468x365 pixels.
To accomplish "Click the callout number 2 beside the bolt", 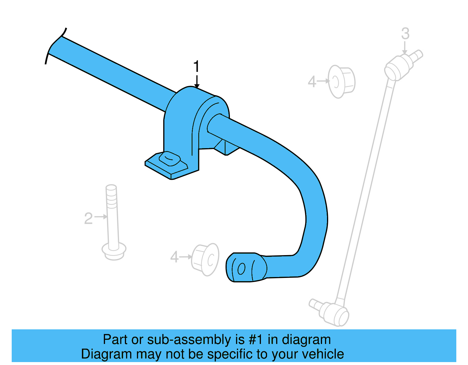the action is pos(88,219).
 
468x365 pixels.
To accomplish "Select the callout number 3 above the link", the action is pos(405,34).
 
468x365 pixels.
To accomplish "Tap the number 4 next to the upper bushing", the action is pos(312,82).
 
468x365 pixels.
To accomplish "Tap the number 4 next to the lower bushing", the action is pos(174,257).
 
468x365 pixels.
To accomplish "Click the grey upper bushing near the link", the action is pos(341,82).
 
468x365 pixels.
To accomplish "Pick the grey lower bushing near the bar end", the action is pos(205,260).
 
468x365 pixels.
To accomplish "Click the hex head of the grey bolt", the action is pos(114,251).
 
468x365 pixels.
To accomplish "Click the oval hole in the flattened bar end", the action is pos(241,269).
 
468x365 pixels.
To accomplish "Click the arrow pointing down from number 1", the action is pos(197,82).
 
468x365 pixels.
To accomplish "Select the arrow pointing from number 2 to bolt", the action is pos(101,217).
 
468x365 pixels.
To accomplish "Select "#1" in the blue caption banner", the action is pos(256,340).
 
